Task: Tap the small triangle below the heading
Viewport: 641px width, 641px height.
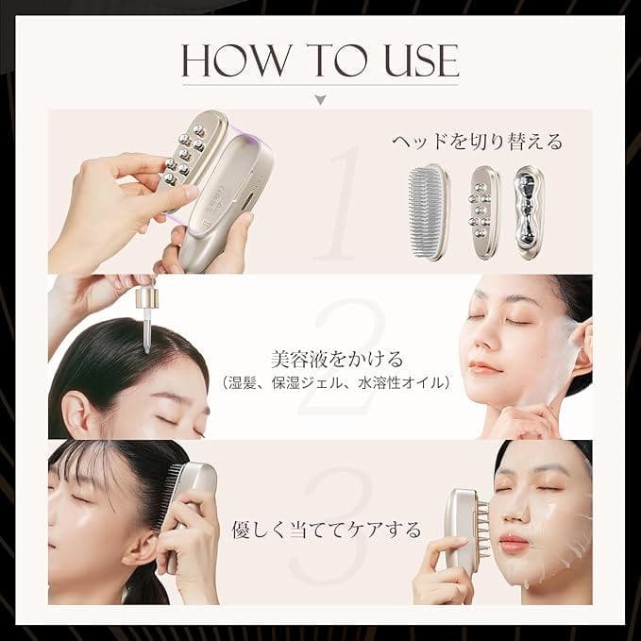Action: click(x=321, y=99)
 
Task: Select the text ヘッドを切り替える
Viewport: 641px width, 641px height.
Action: click(x=477, y=142)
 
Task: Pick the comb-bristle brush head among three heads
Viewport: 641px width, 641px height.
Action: click(x=428, y=211)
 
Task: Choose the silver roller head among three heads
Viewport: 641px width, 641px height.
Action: click(x=530, y=212)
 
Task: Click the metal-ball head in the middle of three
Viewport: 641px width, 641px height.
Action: click(x=483, y=212)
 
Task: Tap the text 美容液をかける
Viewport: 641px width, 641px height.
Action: click(x=337, y=360)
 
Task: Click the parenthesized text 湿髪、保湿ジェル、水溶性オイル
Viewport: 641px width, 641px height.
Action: click(x=336, y=383)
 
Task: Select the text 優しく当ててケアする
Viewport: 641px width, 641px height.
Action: click(x=327, y=530)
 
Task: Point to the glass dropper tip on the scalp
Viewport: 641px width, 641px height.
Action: click(x=146, y=332)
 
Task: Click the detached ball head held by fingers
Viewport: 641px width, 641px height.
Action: click(x=189, y=152)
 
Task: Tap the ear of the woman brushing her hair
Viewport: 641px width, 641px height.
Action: click(x=141, y=548)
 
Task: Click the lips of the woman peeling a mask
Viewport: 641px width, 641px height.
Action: click(x=485, y=367)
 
